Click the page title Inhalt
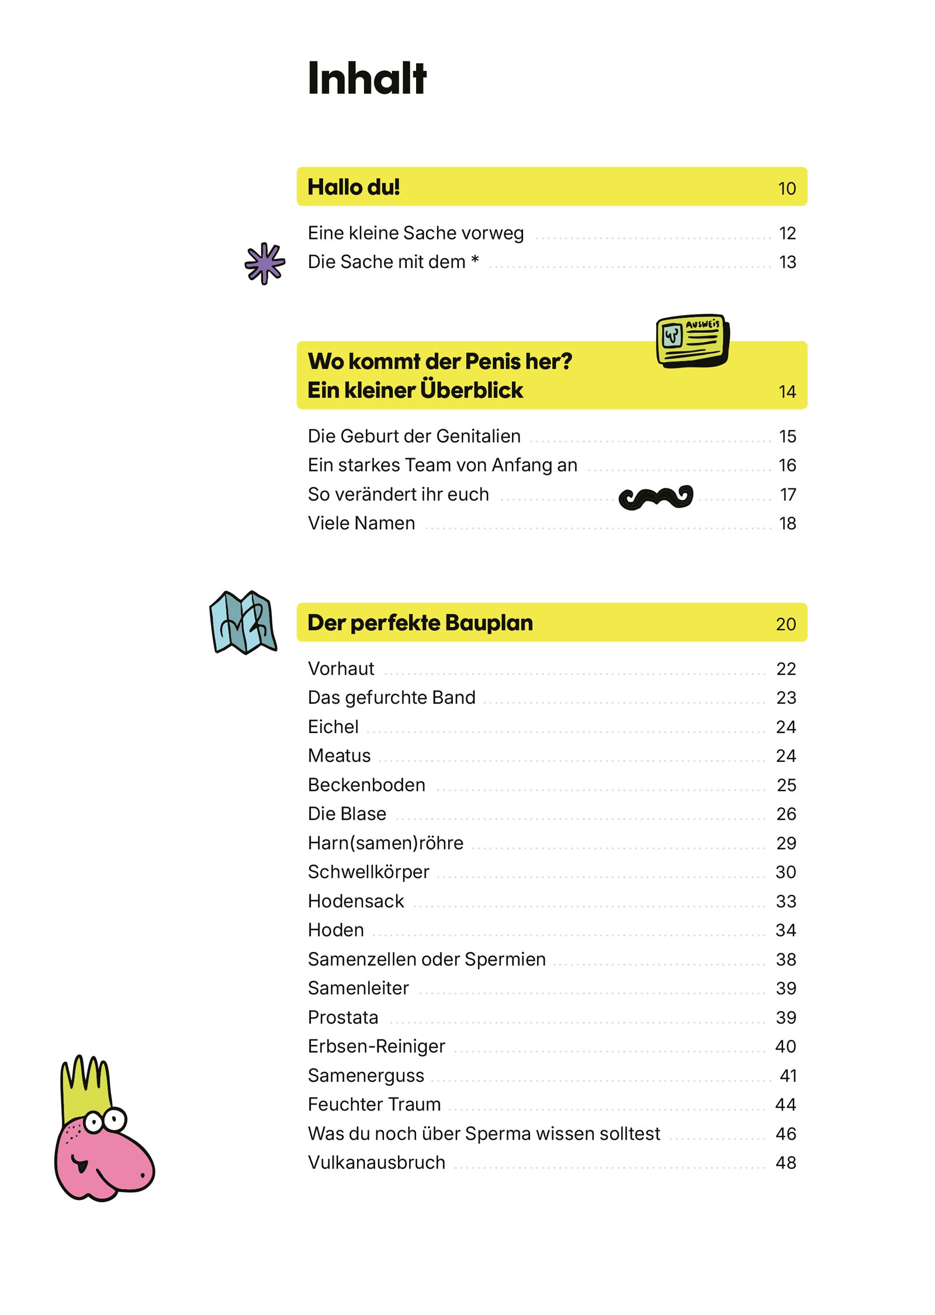pos(366,78)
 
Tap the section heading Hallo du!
pos(353,187)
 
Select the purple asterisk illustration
pos(265,263)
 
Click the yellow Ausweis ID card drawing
pos(692,340)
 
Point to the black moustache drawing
pos(655,497)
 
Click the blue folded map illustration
pos(243,622)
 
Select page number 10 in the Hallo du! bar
pos(786,189)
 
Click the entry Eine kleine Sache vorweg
pos(415,233)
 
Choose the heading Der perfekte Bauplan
pos(420,623)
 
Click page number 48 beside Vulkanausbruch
pos(785,1163)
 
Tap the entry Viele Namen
pos(361,523)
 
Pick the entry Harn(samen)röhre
pos(385,843)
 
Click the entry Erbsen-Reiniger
pos(376,1046)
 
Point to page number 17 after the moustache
pos(787,495)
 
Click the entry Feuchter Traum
pos(374,1104)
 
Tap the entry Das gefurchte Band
pos(391,698)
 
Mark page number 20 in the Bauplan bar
pos(785,624)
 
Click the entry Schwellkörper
pos(368,872)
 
